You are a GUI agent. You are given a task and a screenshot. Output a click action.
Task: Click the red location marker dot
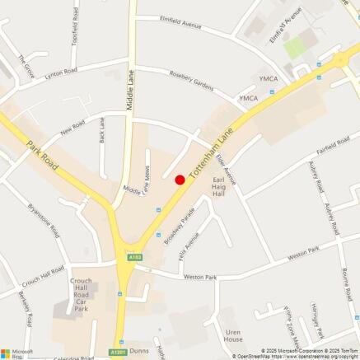(x=180, y=180)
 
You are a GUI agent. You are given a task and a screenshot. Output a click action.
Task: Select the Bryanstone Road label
(x=44, y=221)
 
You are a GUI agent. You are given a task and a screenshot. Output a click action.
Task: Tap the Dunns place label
(x=138, y=350)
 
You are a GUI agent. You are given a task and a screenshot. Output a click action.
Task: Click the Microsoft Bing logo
(x=17, y=353)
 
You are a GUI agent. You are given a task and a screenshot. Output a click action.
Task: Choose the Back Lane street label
(x=102, y=129)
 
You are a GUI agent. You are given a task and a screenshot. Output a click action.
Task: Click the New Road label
(x=72, y=130)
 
